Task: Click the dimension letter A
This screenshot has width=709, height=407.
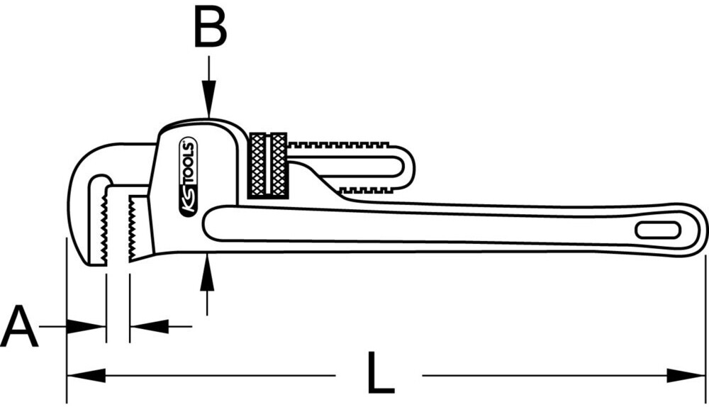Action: point(19,327)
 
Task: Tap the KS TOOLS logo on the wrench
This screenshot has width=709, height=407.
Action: point(189,177)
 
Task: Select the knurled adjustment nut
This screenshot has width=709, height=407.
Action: point(268,165)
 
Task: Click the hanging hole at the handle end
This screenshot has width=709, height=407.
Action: point(657,231)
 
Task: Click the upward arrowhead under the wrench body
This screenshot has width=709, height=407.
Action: point(206,273)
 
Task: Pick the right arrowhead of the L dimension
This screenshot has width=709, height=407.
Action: point(688,375)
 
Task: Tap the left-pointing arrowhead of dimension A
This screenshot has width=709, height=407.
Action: point(149,327)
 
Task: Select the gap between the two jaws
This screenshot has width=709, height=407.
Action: point(118,227)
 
